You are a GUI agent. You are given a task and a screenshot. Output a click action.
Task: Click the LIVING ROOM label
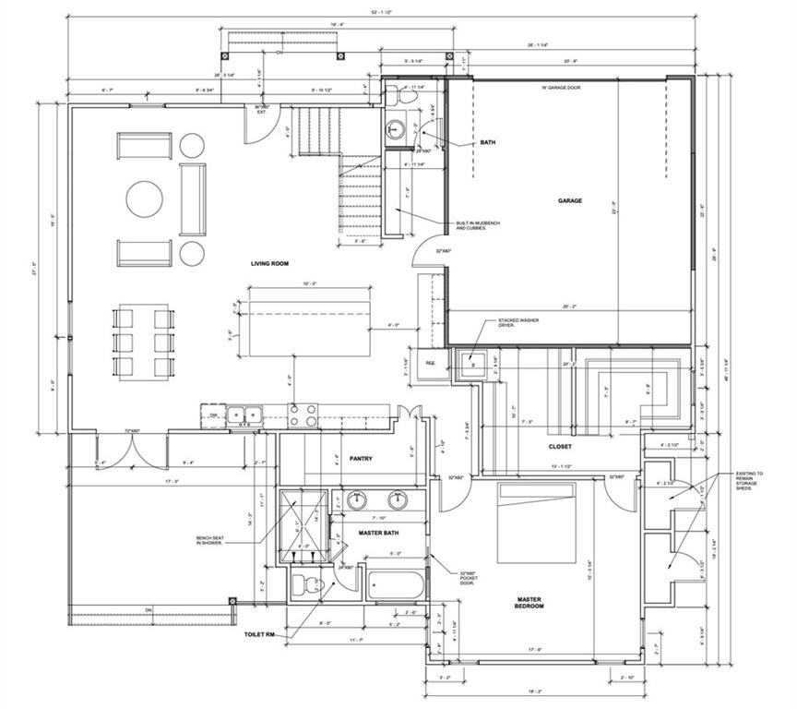click(x=269, y=264)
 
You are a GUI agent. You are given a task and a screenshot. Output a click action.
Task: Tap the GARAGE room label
click(x=569, y=200)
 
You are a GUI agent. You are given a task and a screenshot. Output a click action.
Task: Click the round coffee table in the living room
click(x=145, y=198)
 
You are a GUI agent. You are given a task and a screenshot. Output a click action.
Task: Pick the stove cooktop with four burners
click(x=303, y=416)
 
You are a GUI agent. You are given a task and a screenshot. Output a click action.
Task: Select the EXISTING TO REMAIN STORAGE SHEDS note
click(x=753, y=478)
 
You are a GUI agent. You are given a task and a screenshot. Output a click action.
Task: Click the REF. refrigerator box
click(x=431, y=363)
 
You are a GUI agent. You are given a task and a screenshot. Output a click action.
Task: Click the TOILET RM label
click(x=260, y=635)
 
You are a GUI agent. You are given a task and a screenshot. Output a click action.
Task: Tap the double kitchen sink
click(x=244, y=415)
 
